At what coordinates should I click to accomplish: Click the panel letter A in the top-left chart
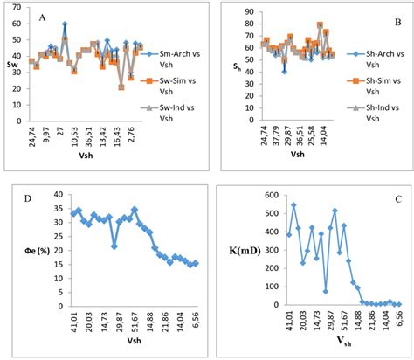(x=43, y=17)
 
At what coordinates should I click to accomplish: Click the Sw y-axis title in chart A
(x=10, y=63)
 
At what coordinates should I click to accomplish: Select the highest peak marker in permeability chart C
(x=293, y=205)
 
